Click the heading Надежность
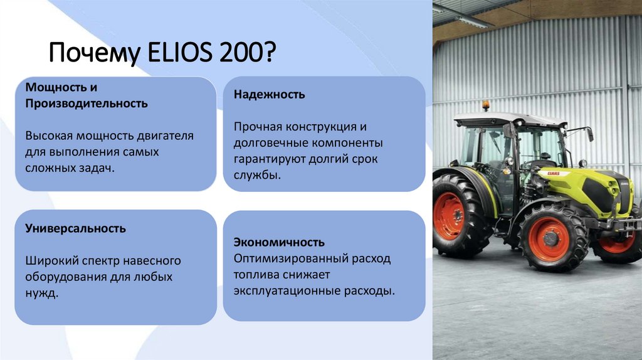[x=270, y=95]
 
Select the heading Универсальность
[x=75, y=228]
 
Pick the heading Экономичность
[x=279, y=242]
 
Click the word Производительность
[x=87, y=103]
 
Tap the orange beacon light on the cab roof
[x=485, y=105]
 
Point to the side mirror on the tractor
[x=589, y=134]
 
